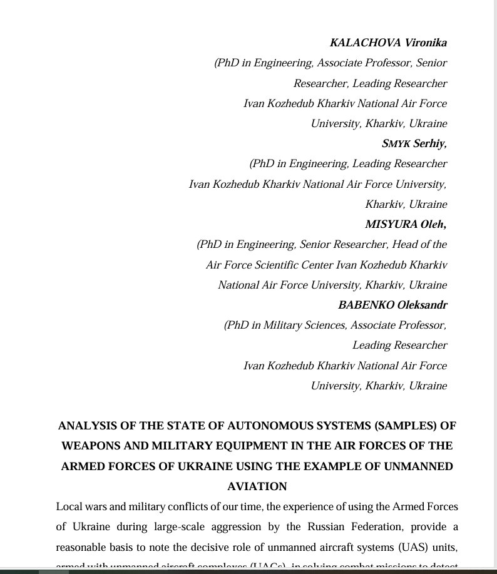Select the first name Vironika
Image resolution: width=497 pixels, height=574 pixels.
tap(426, 43)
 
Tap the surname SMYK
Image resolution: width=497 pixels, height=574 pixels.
tap(396, 144)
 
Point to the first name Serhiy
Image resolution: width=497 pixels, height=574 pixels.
tap(429, 144)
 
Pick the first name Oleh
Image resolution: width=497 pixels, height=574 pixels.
tap(433, 224)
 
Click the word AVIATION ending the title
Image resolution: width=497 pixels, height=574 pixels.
tap(257, 486)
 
